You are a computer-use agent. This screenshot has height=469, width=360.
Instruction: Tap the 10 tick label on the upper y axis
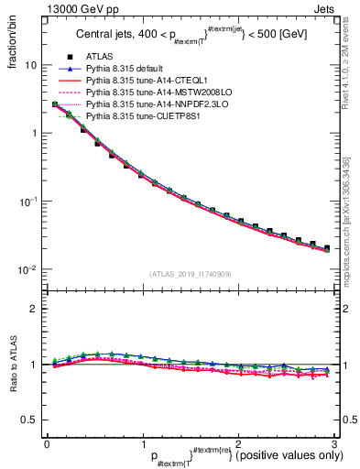pos(29,65)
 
